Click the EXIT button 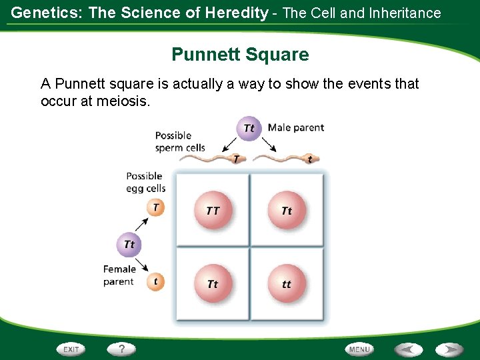[x=71, y=349]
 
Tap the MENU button [x=359, y=349]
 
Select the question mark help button [x=122, y=349]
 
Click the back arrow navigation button [x=409, y=349]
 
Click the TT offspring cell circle [x=213, y=211]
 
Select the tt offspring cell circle [x=287, y=284]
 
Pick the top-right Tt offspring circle [x=287, y=211]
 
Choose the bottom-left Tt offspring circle [x=213, y=284]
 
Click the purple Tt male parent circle [x=249, y=128]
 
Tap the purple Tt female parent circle [x=129, y=244]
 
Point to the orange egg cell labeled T [x=155, y=207]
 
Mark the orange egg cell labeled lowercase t [x=155, y=281]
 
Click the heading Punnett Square [x=240, y=54]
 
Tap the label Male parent [x=296, y=127]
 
